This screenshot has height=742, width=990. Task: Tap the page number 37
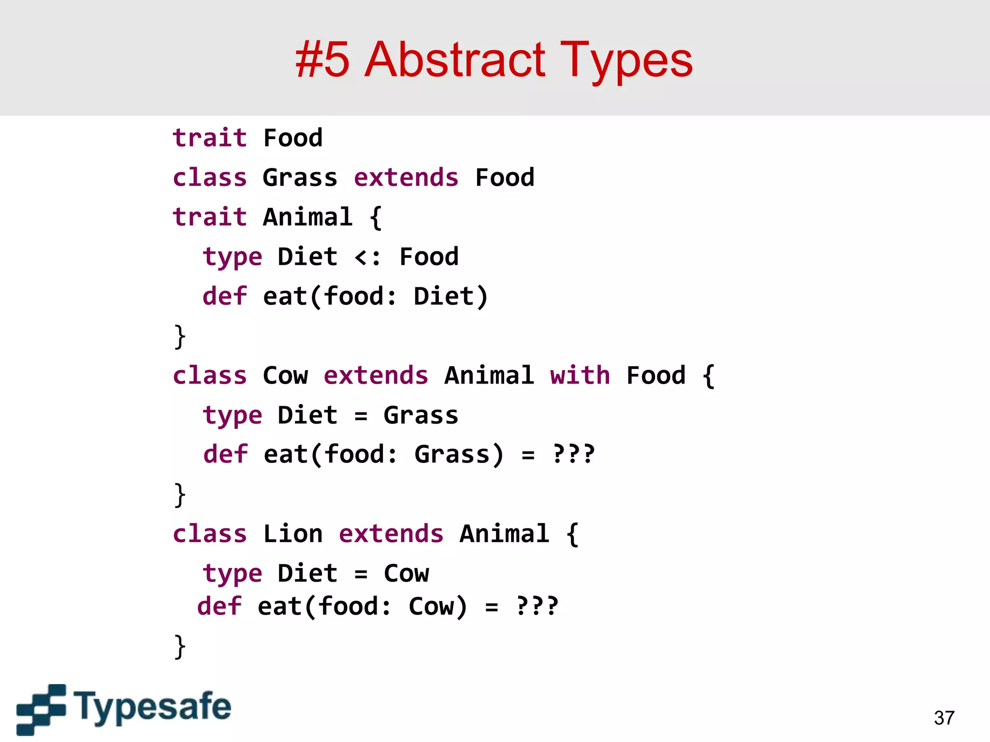point(944,718)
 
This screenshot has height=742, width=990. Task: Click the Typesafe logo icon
point(41,709)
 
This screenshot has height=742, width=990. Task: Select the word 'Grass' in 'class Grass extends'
point(300,178)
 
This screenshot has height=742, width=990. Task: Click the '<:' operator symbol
point(367,257)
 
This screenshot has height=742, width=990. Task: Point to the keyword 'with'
point(580,375)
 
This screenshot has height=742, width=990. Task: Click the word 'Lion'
point(292,534)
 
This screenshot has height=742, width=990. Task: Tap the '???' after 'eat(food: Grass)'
point(574,454)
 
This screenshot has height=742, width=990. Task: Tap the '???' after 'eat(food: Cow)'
point(537,606)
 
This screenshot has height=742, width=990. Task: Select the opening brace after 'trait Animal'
point(376,218)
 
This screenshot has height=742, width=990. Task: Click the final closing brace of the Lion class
point(179,647)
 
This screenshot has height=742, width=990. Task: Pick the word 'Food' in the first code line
point(292,138)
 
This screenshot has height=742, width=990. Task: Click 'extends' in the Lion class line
point(391,534)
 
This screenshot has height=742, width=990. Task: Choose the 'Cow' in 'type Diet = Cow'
point(406,573)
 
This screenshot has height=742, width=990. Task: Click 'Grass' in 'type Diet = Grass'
point(421,415)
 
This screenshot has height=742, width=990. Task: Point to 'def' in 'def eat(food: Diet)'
point(225,296)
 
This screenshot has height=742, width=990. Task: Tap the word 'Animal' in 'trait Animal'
point(307,217)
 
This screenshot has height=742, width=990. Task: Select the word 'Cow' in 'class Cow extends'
point(285,375)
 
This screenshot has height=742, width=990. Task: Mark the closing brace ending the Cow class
point(179,495)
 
